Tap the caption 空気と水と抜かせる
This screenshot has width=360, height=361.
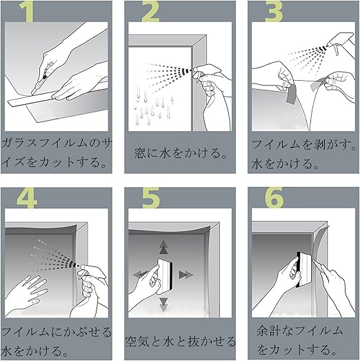(x=181, y=341)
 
